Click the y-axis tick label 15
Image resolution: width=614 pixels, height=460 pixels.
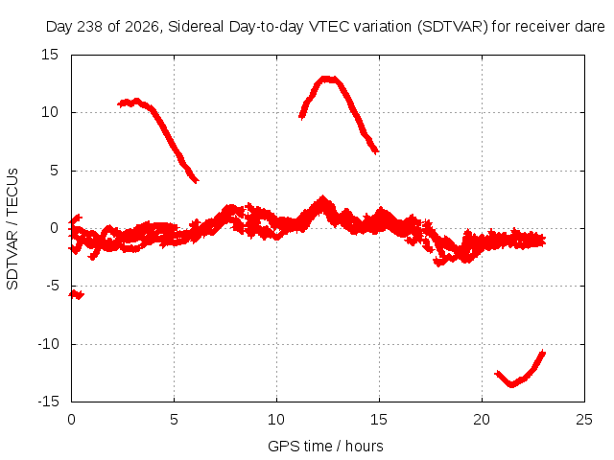50,55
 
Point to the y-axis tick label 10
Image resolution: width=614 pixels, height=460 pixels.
50,112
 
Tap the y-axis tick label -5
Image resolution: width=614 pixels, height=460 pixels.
53,286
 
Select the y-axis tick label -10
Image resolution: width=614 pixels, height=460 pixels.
48,344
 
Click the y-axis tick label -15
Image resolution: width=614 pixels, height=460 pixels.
48,402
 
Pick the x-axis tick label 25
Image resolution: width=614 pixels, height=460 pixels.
584,420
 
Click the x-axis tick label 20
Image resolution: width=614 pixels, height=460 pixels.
482,420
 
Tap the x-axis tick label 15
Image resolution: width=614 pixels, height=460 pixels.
379,420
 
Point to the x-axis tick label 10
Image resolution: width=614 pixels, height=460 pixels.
276,420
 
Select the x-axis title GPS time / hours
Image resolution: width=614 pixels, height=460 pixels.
325,447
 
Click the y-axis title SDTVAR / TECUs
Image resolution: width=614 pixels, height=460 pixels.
12,229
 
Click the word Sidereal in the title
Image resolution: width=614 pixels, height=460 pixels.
196,27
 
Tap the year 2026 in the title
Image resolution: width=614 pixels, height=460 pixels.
142,27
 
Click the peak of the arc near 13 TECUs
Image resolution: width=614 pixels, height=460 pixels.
328,79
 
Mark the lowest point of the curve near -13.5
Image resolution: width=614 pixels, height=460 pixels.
511,385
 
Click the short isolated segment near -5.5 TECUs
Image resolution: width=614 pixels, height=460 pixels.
77,294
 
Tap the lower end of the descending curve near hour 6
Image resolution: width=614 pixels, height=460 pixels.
197,181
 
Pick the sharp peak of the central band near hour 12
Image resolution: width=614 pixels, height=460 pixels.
322,197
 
